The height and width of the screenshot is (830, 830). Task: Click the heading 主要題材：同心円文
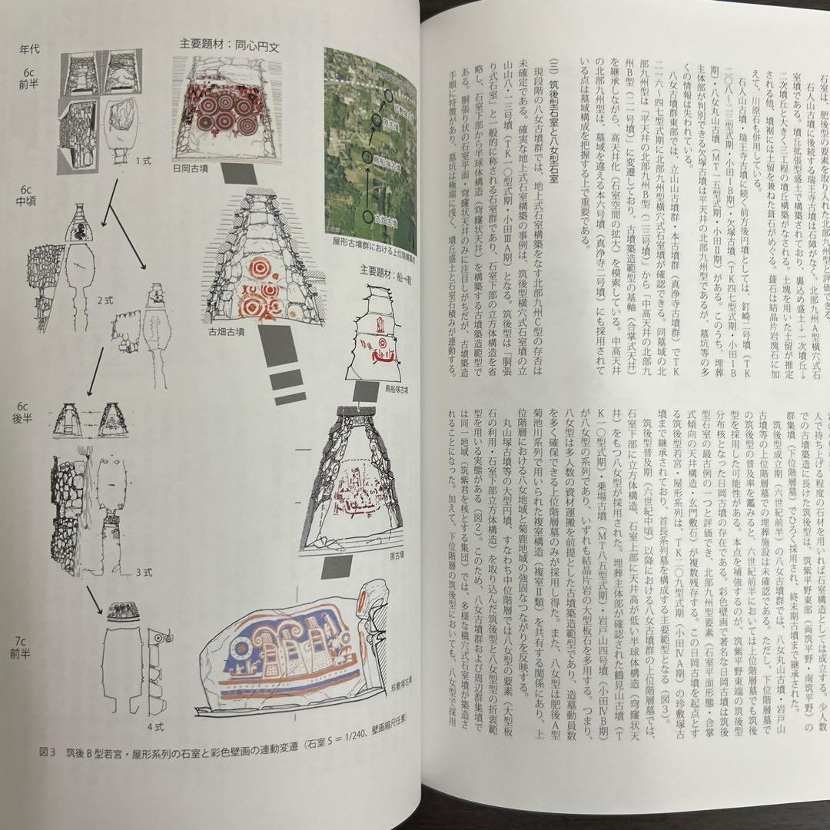[x=229, y=46]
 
